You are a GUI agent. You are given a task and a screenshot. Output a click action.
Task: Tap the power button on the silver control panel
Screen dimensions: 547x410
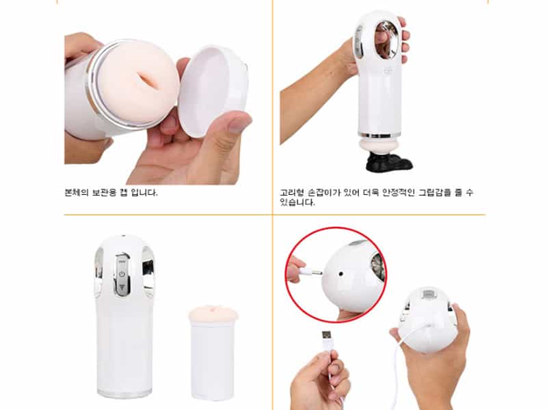122,274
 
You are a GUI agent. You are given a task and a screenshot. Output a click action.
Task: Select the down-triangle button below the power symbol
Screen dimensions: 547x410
122,287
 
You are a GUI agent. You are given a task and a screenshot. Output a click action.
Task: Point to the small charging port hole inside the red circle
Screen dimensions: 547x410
341,274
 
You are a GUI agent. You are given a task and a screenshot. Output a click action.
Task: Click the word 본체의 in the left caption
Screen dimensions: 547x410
77,193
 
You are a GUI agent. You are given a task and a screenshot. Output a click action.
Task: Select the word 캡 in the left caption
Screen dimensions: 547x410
124,193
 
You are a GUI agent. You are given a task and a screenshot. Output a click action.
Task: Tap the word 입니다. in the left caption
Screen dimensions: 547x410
144,193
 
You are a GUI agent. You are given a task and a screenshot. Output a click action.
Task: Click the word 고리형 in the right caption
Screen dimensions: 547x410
292,193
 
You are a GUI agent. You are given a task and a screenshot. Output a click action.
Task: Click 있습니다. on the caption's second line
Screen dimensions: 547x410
297,202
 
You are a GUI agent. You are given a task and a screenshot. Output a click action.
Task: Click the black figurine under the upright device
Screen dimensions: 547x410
388,161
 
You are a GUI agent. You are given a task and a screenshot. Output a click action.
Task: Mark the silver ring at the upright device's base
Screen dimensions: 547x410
379,134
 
